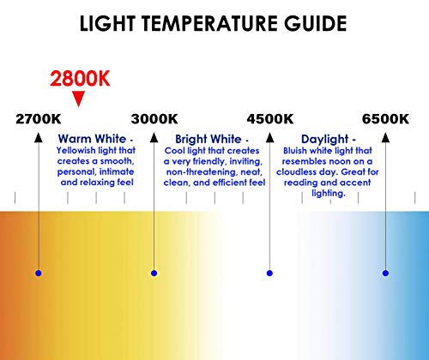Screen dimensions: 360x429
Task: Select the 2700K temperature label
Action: pos(39,119)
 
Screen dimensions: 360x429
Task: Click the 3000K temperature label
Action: pos(154,119)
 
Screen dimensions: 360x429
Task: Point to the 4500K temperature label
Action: pos(269,119)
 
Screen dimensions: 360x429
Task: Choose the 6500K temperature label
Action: pos(385,119)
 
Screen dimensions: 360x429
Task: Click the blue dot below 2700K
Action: pos(39,273)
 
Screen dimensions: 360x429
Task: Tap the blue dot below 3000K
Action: pos(154,273)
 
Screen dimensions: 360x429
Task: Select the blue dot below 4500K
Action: pos(269,273)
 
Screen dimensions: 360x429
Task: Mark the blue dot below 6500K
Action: pos(385,273)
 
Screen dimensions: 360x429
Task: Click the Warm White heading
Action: pos(93,139)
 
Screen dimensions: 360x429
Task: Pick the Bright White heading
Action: pos(208,139)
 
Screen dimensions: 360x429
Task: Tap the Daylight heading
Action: pos(325,139)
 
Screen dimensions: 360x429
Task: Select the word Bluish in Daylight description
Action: pos(297,149)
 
